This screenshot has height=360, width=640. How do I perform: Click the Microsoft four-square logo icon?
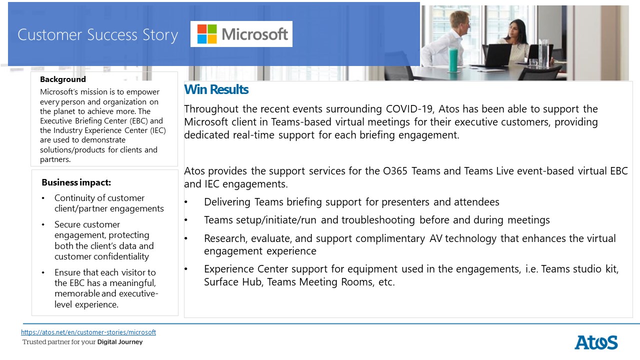[x=207, y=34]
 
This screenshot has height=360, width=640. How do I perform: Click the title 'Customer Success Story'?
[x=97, y=35]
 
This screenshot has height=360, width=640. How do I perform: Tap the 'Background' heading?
[x=63, y=79]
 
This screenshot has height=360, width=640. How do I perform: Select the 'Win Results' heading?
[x=216, y=89]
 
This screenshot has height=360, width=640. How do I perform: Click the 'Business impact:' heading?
[x=76, y=182]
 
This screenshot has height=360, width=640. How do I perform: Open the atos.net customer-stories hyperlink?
[x=88, y=332]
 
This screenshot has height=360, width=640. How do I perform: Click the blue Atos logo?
[x=596, y=342]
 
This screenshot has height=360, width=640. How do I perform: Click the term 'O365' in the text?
[x=395, y=171]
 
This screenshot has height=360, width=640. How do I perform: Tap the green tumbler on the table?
[x=453, y=59]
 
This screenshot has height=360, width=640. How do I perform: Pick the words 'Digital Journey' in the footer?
[x=120, y=342]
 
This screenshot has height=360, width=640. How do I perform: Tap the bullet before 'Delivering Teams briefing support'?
[x=186, y=202]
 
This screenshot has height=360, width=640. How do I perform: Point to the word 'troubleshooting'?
[x=378, y=220]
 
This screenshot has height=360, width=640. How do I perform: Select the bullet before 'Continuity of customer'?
[x=43, y=198]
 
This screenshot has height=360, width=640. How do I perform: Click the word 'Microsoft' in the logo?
[x=255, y=34]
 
